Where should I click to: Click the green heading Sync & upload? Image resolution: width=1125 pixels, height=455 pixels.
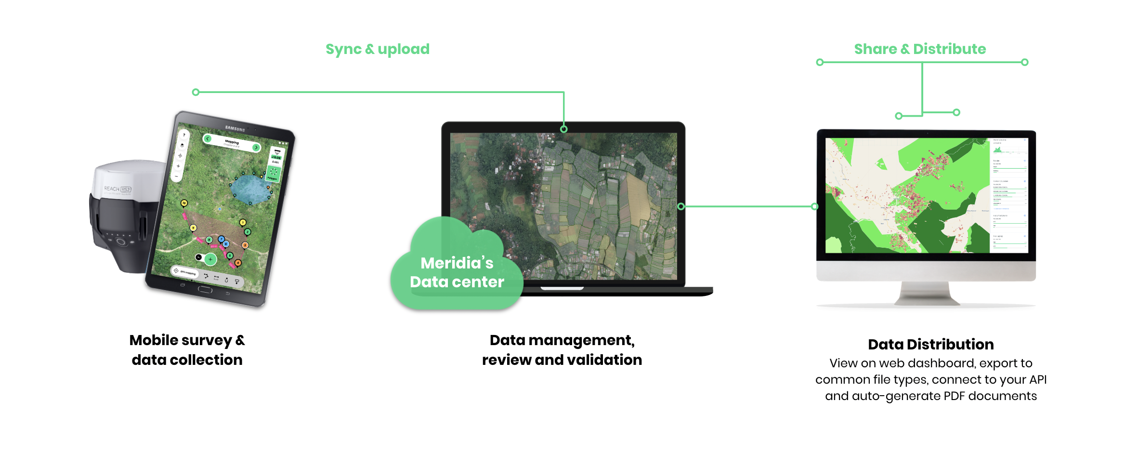378,49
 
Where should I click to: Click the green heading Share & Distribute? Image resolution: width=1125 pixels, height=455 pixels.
920,49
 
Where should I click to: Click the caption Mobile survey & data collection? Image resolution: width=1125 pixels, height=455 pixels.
187,350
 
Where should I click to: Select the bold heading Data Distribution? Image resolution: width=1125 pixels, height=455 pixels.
930,344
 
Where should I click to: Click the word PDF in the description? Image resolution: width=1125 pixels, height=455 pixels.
954,396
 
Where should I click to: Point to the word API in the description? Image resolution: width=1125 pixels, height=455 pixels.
1038,380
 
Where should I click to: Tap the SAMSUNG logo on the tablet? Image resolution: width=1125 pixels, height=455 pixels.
235,128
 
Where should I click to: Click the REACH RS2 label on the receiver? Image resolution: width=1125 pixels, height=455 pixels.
118,189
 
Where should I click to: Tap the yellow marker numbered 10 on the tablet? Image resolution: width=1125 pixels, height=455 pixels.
184,203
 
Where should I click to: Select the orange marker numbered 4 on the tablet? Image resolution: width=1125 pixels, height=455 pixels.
238,263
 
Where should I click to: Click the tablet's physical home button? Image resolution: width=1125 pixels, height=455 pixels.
205,289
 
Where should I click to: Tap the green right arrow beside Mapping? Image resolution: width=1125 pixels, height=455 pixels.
256,147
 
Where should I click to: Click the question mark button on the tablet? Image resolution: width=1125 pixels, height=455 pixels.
183,135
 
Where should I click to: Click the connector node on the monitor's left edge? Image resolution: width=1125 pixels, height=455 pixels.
814,206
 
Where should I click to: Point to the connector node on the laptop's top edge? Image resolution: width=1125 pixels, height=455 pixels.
563,129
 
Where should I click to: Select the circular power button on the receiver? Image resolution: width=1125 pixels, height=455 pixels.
120,242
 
